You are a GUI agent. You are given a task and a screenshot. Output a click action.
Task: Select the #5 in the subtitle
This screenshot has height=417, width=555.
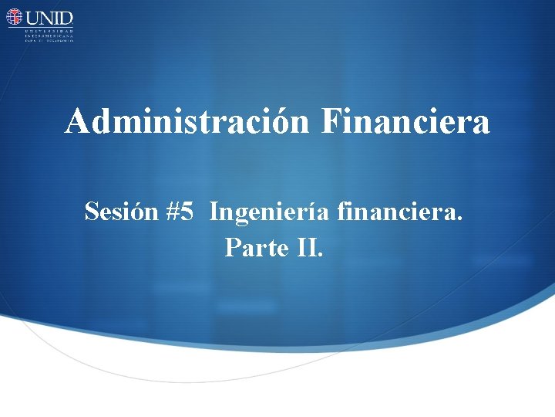point(179,211)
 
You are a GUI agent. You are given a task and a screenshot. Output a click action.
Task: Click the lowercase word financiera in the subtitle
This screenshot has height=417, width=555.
point(400,211)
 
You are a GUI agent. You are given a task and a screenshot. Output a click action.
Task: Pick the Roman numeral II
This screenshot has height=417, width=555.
point(308,247)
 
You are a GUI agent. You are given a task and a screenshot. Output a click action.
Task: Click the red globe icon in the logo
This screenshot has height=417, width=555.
point(15,17)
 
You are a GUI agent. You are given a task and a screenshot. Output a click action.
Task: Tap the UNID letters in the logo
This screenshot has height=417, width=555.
point(49,17)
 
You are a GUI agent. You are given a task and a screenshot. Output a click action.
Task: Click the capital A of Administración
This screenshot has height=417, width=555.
point(77,122)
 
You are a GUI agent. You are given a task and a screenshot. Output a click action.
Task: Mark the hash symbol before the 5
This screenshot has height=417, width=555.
point(172,211)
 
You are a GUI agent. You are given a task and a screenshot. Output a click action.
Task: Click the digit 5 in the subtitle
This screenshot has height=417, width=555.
point(187,211)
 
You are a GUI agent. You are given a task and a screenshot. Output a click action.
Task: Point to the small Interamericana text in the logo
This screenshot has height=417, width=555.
point(49,35)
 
